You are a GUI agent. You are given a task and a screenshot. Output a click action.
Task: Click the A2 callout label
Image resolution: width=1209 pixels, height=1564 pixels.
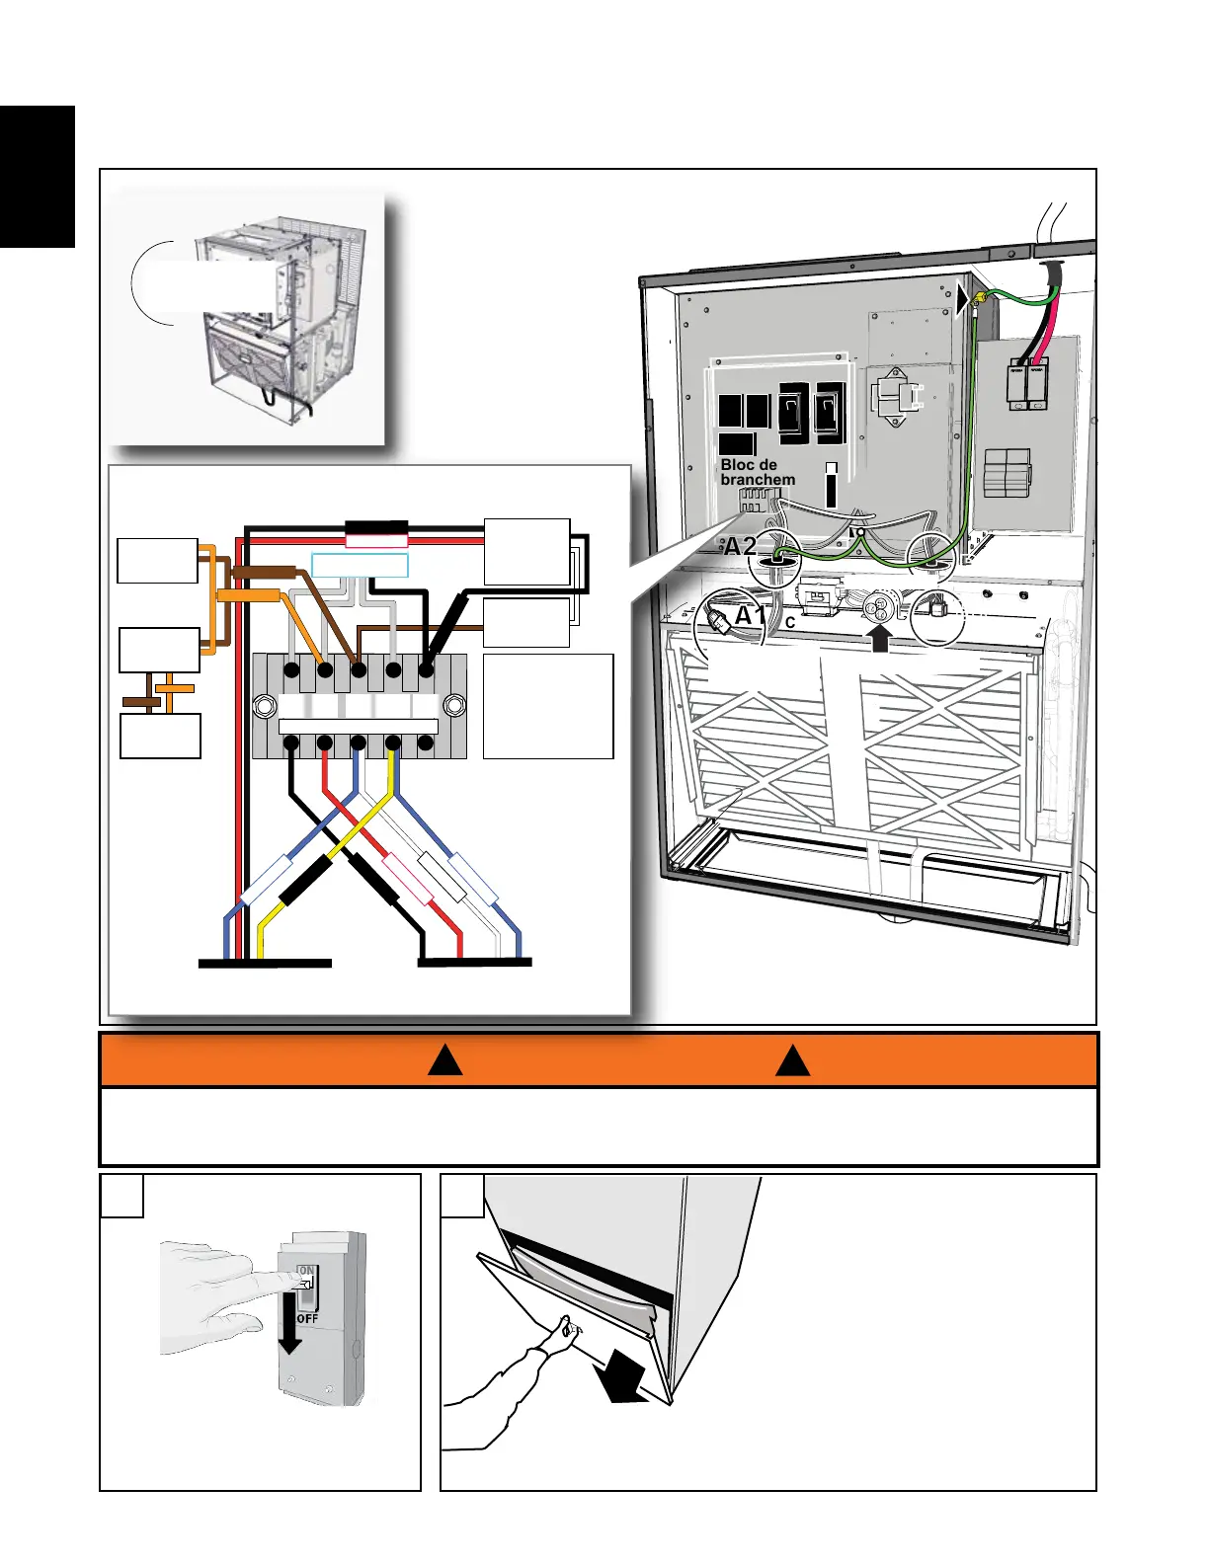point(740,547)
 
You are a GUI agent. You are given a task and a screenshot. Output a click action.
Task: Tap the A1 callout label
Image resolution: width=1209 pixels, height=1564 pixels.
point(751,616)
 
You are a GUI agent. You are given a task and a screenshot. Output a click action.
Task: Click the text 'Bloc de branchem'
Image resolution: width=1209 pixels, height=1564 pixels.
point(757,472)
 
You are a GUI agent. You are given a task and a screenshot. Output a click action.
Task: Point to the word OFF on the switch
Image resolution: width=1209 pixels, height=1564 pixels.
point(307,1317)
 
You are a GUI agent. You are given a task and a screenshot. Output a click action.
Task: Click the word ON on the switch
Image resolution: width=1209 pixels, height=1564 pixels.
point(306,1271)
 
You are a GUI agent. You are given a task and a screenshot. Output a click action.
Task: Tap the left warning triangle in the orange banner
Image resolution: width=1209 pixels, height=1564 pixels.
point(445,1060)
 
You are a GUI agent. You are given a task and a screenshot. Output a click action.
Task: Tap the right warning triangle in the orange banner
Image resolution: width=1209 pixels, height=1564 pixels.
point(792,1060)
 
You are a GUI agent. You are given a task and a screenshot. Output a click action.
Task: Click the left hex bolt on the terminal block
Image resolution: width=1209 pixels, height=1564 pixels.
point(264,706)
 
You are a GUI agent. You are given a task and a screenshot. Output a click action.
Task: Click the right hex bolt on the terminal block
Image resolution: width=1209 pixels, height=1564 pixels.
point(453,706)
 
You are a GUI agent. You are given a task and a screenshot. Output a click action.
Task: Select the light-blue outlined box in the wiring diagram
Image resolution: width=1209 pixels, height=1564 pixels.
point(360,566)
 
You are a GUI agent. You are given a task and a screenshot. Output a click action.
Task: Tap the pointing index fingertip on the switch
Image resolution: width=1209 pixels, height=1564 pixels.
point(300,1281)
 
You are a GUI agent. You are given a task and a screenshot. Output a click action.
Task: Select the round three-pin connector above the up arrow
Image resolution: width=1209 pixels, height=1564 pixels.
point(879,606)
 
